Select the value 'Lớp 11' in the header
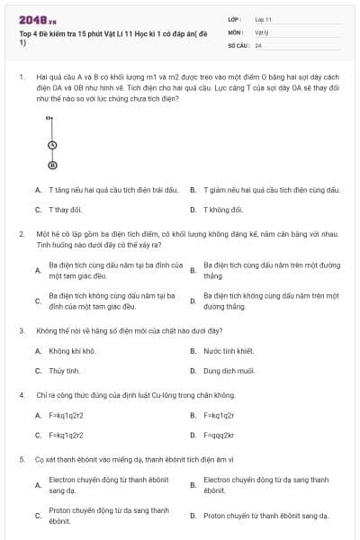(263, 19)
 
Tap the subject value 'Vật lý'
(262, 31)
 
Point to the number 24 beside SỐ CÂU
(258, 44)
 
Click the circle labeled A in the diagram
(52, 145)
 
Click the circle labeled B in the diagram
(52, 165)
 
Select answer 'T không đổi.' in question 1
(223, 209)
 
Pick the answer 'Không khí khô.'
(72, 350)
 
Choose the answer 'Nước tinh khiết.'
(229, 350)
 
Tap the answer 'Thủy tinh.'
(65, 370)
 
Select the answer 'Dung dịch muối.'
(229, 370)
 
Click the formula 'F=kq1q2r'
(219, 415)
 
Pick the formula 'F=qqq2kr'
(220, 435)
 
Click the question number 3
(21, 330)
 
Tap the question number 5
(21, 459)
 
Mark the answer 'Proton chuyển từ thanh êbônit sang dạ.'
(265, 516)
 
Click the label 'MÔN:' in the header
(237, 31)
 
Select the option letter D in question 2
(192, 301)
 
